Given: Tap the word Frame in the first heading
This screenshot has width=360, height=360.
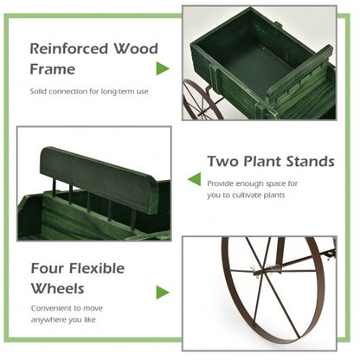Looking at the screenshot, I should [x=53, y=69].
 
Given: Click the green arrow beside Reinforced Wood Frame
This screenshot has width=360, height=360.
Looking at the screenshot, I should [x=162, y=67].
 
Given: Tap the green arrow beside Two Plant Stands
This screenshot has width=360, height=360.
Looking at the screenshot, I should [x=195, y=179].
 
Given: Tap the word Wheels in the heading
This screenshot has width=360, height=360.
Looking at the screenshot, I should [x=58, y=287].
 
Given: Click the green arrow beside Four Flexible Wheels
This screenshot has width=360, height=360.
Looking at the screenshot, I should [x=162, y=292].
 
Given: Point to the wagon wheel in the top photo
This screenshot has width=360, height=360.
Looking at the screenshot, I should [x=202, y=100].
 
